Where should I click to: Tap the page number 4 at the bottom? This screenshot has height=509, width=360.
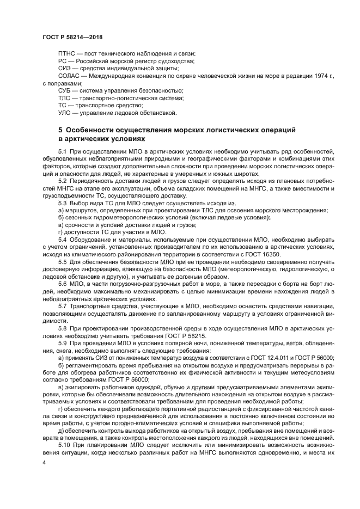click(x=44, y=463)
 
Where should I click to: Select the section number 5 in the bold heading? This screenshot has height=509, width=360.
click(x=60, y=131)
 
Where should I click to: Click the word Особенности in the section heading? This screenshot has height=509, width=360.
click(x=89, y=131)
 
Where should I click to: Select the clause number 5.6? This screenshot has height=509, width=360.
click(x=62, y=284)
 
